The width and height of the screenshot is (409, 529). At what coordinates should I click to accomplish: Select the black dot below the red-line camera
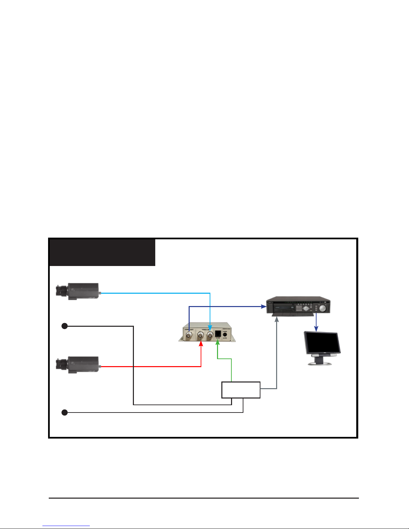pyautogui.click(x=65, y=413)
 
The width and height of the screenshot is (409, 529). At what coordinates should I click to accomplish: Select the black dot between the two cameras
pyautogui.click(x=65, y=326)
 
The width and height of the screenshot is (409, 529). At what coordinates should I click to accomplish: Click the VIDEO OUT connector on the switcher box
pyautogui.click(x=189, y=334)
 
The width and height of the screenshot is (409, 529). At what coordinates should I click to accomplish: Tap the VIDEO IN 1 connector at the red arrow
pyautogui.click(x=201, y=335)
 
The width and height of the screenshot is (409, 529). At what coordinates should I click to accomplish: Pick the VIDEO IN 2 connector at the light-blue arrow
pyautogui.click(x=210, y=334)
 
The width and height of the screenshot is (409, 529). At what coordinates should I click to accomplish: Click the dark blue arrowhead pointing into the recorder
pyautogui.click(x=264, y=306)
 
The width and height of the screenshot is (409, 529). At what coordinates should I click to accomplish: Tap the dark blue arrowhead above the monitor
pyautogui.click(x=316, y=329)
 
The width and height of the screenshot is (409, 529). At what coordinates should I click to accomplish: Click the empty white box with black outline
pyautogui.click(x=241, y=390)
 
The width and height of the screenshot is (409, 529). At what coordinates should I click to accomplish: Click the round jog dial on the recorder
pyautogui.click(x=323, y=308)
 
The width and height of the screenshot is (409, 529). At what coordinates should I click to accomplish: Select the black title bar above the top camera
pyautogui.click(x=102, y=252)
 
